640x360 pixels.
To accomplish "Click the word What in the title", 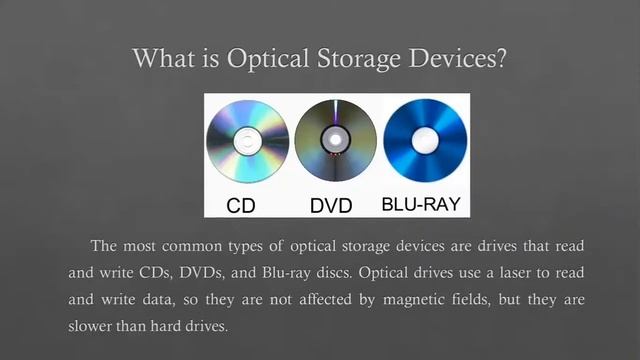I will click(163, 59).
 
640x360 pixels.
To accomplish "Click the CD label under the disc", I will click(241, 206).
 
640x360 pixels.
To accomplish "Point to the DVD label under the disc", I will click(331, 206).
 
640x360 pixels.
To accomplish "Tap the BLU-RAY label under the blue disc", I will click(423, 205).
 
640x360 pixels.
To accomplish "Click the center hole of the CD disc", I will click(247, 142).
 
